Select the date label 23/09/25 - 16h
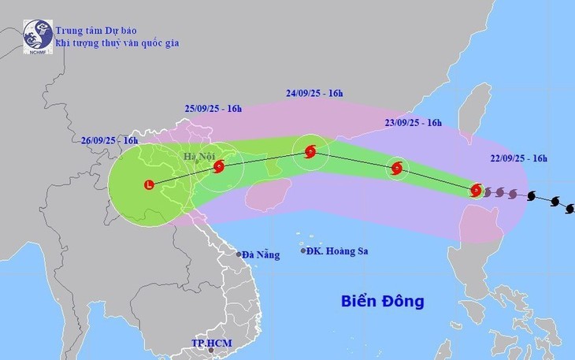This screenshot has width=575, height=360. (412, 122)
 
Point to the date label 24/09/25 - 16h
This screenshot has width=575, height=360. (315, 93)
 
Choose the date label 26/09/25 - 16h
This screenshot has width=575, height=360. (109, 140)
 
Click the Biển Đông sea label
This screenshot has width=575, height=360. (383, 301)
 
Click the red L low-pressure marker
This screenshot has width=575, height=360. (148, 185)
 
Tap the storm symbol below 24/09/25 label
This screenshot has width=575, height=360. (310, 152)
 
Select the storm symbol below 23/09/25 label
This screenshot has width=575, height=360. (396, 167)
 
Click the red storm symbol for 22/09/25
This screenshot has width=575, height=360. (476, 189)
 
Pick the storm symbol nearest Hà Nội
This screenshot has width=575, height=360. (219, 165)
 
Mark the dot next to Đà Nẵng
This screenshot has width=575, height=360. (239, 254)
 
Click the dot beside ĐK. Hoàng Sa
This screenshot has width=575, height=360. (304, 251)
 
